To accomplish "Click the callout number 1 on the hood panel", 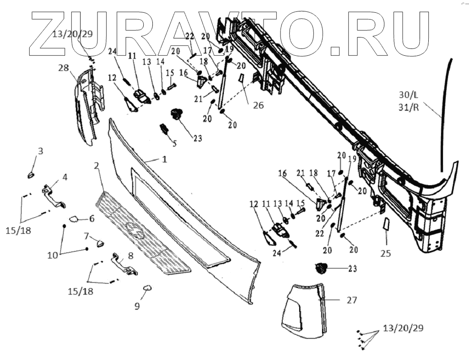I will click(163, 159).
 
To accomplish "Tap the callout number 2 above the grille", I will click(97, 165).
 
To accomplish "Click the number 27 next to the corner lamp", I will click(352, 301).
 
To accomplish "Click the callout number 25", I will click(386, 253).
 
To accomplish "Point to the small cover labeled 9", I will click(147, 288).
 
